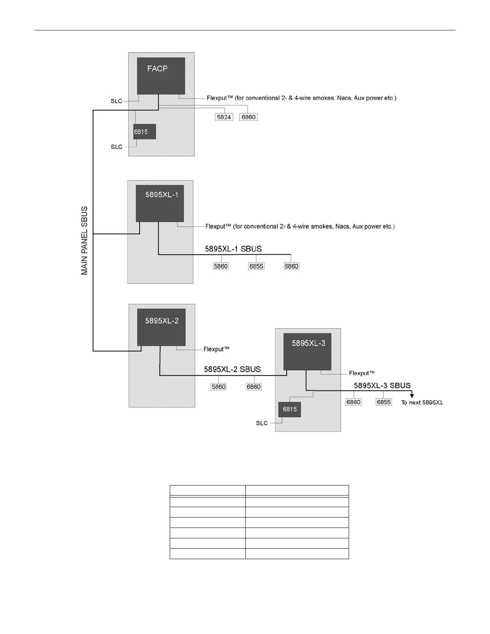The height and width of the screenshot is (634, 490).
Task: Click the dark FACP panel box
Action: [x=161, y=76]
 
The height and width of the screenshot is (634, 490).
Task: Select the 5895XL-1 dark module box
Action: [x=160, y=203]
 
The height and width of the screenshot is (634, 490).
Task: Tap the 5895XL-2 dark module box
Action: [x=161, y=327]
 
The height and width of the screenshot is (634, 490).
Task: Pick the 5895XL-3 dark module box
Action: [x=307, y=351]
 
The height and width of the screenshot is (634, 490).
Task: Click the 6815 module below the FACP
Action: [x=144, y=132]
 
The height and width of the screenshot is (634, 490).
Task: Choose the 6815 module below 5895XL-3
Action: [x=289, y=409]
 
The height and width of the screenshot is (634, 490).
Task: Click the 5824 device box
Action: [x=224, y=117]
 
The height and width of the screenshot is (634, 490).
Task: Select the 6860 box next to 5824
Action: [x=248, y=117]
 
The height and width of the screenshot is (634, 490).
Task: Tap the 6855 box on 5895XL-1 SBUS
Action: [x=256, y=266]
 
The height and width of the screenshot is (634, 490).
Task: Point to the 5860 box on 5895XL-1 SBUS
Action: [x=221, y=266]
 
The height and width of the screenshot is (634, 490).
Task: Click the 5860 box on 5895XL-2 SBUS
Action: [x=219, y=387]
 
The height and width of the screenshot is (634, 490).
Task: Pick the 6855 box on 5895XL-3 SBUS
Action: [x=384, y=402]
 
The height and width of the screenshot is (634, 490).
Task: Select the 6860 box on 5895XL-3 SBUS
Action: [x=353, y=402]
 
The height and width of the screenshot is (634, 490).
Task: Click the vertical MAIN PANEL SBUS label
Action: [x=84, y=241]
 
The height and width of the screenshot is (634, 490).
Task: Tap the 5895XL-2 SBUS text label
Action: [x=232, y=369]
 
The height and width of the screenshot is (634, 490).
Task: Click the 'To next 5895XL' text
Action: [x=422, y=403]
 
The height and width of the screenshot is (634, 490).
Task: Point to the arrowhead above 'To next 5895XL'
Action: [x=412, y=396]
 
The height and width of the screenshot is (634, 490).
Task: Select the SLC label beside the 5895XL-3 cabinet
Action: [x=262, y=423]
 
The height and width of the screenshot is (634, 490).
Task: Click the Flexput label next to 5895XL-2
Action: [x=216, y=349]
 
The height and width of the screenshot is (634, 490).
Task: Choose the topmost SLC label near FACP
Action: [x=116, y=101]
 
